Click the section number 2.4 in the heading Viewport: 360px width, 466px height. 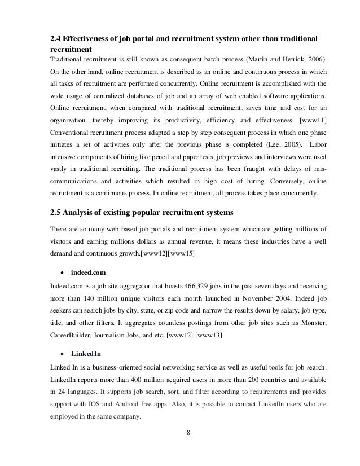56,39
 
